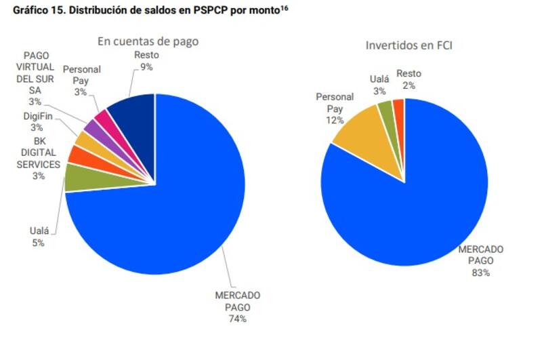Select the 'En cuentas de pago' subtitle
pyautogui.click(x=148, y=41)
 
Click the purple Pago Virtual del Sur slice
pyautogui.click(x=92, y=129)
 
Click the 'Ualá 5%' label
pyautogui.click(x=39, y=237)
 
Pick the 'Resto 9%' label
pyautogui.click(x=146, y=61)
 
